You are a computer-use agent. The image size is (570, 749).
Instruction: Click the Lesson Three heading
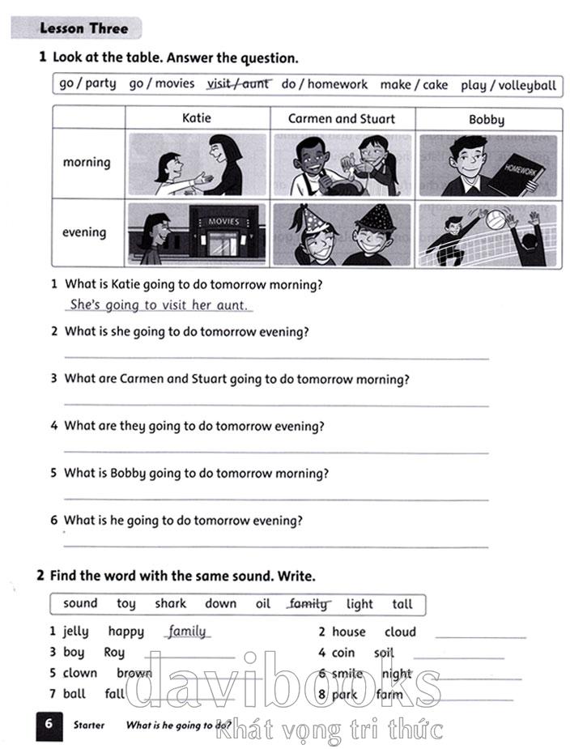[84, 28]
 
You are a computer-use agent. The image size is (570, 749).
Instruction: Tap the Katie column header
[196, 118]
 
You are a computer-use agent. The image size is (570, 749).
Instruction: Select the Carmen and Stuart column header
[342, 118]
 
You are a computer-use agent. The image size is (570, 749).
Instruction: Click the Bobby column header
[487, 120]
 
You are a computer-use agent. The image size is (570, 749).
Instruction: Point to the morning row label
[87, 162]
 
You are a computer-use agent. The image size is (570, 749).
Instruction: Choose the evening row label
[84, 232]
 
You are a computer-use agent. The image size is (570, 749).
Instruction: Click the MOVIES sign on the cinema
[224, 220]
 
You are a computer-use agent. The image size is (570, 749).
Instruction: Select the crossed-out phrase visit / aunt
[238, 83]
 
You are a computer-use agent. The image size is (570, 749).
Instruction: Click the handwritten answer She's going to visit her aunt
[160, 305]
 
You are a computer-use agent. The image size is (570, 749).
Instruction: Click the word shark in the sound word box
[170, 604]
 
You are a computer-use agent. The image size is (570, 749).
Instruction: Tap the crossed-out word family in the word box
[308, 604]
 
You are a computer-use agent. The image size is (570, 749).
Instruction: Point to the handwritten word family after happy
[187, 632]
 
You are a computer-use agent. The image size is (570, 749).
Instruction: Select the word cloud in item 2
[400, 632]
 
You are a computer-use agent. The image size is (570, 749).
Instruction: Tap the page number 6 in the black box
[48, 724]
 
